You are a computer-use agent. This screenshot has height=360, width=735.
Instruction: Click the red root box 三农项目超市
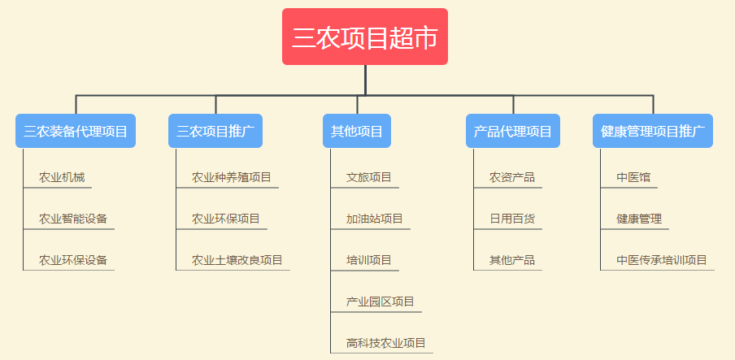tap(365, 37)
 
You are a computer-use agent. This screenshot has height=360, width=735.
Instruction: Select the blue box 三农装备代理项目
tap(76, 131)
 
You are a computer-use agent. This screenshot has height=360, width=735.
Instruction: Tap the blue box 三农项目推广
tap(215, 131)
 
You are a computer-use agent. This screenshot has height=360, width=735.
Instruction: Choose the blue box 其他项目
tap(357, 131)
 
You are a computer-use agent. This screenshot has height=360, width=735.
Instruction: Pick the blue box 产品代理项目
tap(513, 131)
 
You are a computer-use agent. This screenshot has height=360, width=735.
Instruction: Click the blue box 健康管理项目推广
tap(653, 131)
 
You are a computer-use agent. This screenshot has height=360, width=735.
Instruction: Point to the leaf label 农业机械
tap(62, 178)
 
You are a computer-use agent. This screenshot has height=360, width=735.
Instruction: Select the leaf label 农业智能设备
tap(73, 219)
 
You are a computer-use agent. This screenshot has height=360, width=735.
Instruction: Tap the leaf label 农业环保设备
tap(73, 260)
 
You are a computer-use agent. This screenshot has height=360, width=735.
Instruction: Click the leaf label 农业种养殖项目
tap(232, 178)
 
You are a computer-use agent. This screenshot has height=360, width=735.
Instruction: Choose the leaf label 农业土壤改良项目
tap(237, 260)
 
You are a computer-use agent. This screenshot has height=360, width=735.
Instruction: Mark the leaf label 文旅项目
tap(369, 178)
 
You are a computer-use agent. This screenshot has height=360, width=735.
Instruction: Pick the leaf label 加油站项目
tap(375, 219)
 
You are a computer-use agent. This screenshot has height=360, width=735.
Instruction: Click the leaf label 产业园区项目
tap(381, 301)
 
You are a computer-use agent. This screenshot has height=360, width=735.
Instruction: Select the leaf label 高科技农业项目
tap(385, 343)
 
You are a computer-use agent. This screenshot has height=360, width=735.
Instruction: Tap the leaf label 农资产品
tap(512, 178)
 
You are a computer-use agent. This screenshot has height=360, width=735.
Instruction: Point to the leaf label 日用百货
tap(512, 219)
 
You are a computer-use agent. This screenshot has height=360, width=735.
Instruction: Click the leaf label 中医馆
tap(633, 178)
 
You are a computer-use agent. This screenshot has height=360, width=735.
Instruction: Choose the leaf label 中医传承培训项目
tap(661, 260)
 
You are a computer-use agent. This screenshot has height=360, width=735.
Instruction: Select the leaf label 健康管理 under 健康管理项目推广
tap(639, 219)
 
